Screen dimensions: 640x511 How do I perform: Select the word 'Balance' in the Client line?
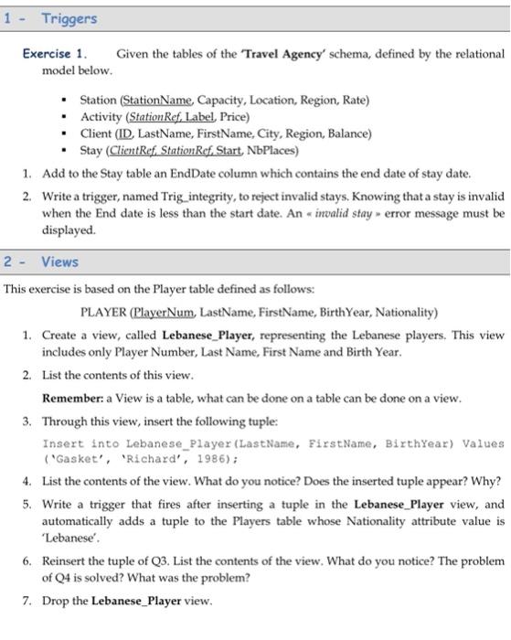click(348, 133)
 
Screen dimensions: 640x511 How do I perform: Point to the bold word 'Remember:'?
click(74, 398)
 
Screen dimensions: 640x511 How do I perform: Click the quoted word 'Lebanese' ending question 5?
click(70, 536)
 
